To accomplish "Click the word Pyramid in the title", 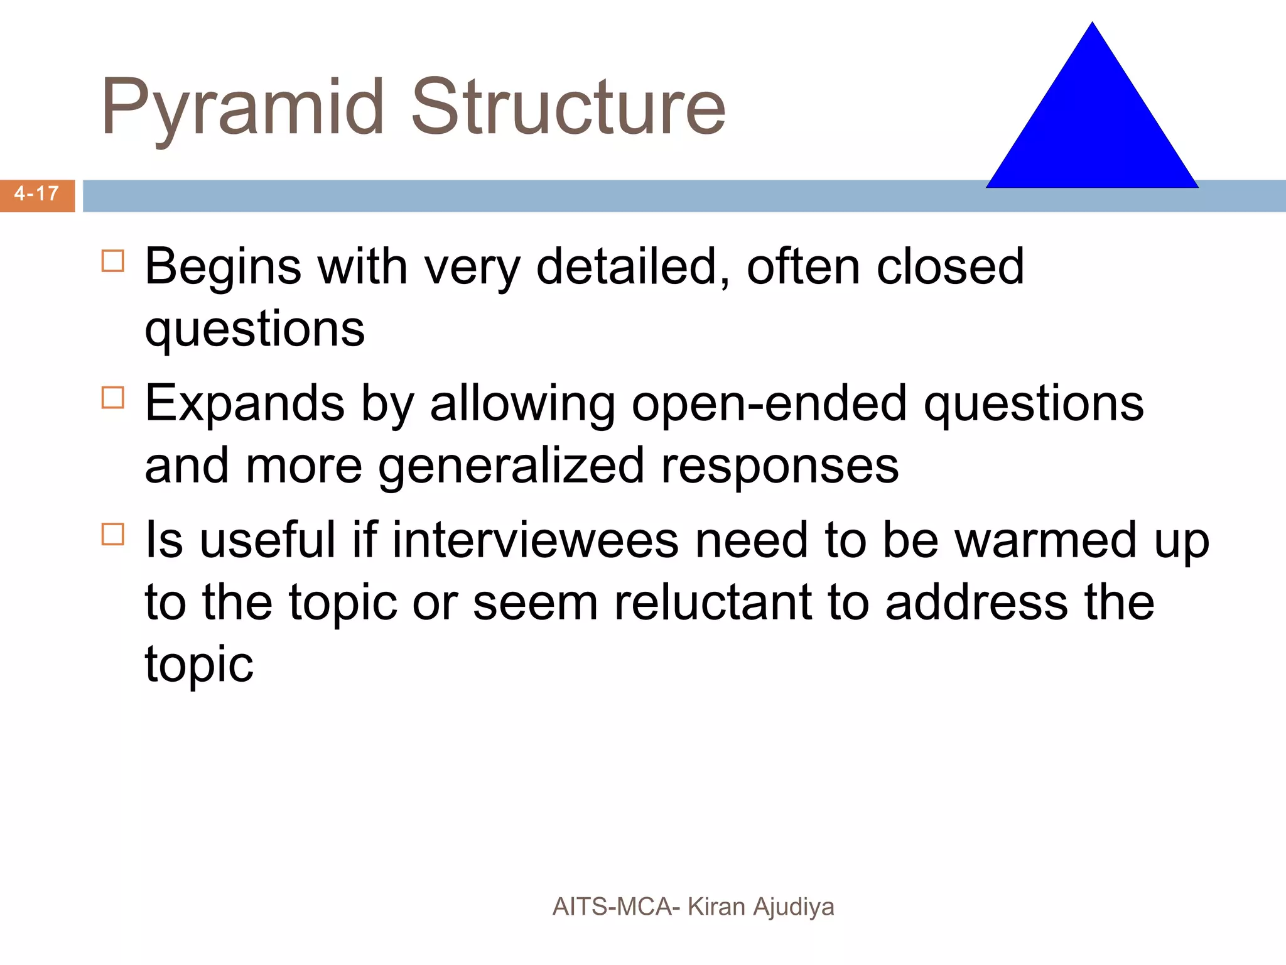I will click(242, 107).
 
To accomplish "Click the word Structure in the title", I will click(568, 107).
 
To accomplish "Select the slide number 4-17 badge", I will click(37, 194).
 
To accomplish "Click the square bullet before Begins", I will click(113, 261).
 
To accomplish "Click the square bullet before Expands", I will click(113, 398).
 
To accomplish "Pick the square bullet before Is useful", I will click(113, 535).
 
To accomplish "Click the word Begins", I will click(223, 267).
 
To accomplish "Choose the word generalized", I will click(511, 467).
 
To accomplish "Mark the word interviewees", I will click(536, 540).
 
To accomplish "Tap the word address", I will click(976, 602).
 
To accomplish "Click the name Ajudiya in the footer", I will click(794, 907).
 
